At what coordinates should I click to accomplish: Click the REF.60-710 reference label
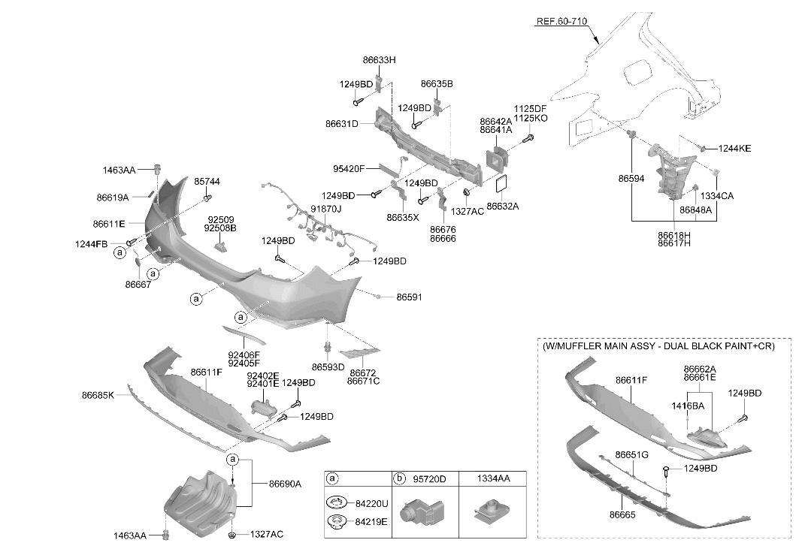coord(561,21)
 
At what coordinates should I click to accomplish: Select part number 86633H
coord(379,59)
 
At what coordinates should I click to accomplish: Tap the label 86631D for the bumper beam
coord(342,124)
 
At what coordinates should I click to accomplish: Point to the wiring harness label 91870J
coord(326,209)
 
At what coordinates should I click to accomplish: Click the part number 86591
coord(409,297)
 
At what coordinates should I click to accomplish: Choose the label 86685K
coord(98,395)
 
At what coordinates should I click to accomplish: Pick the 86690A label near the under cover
coord(285,484)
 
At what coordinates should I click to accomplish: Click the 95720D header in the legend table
coord(429,478)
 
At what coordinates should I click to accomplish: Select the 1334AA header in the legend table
coord(493,478)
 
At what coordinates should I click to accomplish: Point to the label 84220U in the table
coord(371,504)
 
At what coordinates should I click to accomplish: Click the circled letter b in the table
coord(400,478)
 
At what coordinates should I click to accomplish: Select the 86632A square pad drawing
coord(502,186)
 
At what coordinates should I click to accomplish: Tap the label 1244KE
coord(734,149)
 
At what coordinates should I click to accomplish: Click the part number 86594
coord(631,179)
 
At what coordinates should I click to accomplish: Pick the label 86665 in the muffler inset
coord(622,515)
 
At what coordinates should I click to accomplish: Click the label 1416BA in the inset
coord(688,406)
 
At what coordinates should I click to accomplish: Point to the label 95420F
coord(349,168)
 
